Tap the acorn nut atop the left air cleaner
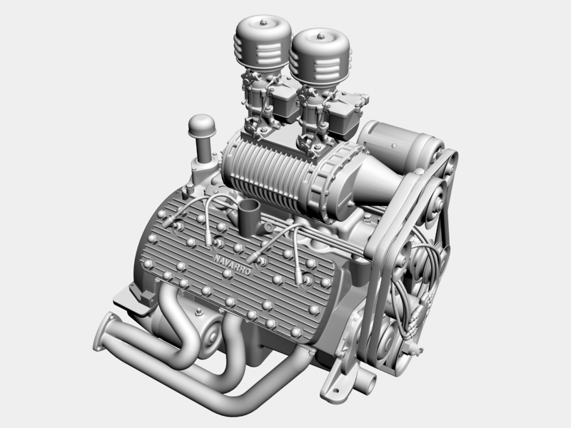(x=264, y=24)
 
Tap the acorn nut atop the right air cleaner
(x=318, y=35)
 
